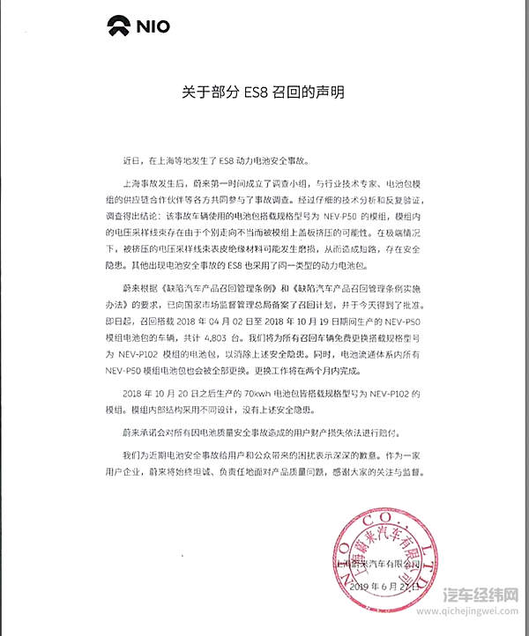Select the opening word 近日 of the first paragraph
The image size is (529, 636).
point(130,161)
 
